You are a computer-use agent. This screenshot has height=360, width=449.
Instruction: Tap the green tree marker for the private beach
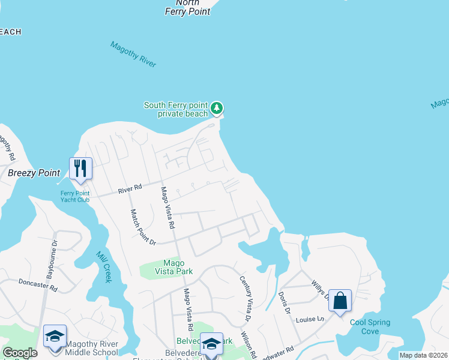point(217,109)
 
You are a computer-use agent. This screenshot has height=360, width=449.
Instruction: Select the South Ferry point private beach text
point(175,109)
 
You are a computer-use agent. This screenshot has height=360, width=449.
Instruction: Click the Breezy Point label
point(34,173)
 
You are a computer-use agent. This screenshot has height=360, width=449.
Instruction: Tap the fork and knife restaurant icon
point(80,168)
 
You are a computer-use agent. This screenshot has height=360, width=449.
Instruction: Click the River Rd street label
point(130,189)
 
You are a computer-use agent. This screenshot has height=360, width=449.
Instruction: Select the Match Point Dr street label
point(143,227)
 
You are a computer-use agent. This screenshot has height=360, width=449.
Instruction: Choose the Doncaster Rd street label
point(37,284)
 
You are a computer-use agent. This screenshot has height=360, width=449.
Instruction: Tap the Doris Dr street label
point(284,304)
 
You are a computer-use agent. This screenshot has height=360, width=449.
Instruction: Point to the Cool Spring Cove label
point(370,326)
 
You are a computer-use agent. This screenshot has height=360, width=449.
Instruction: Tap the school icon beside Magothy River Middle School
point(55,336)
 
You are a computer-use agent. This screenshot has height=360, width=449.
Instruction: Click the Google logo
point(20,353)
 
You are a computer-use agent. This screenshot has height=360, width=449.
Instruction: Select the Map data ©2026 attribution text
point(423,355)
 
